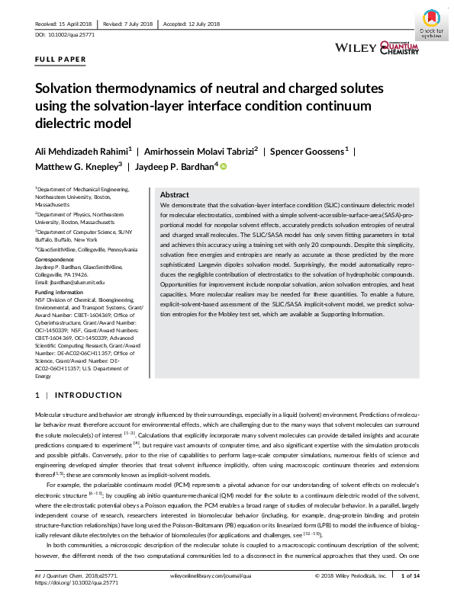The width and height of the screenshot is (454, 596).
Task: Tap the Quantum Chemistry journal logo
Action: [x=399, y=48]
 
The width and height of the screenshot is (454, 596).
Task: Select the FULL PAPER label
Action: [x=60, y=59]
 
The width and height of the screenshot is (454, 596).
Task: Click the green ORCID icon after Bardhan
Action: [x=224, y=165]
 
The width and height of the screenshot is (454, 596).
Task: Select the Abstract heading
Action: [x=175, y=195]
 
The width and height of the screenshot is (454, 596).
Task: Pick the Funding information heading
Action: [x=60, y=292]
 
